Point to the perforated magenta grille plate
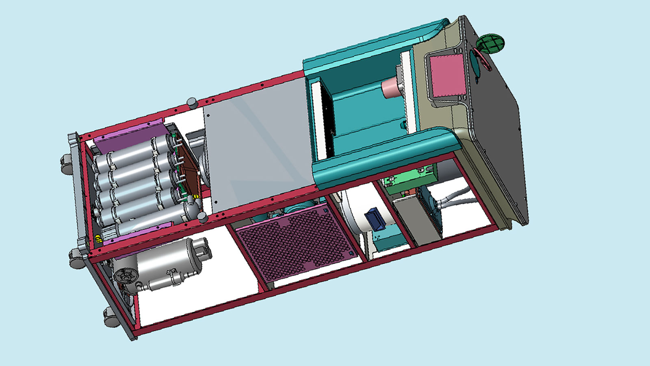click(295, 240)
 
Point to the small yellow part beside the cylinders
click(98, 240)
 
